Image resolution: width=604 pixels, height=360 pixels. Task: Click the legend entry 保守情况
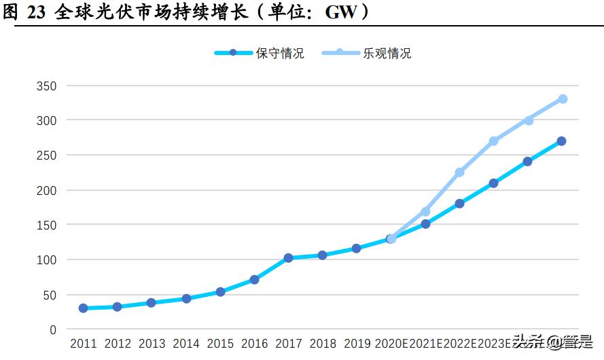coord(279,53)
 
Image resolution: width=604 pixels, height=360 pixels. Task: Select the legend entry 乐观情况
coord(387,53)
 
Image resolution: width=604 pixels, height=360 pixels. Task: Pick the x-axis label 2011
coord(83,344)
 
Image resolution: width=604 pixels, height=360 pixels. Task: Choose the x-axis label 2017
coord(289,344)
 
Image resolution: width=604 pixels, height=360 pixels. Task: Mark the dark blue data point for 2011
coord(83,308)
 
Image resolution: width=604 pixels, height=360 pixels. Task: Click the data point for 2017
coord(289,258)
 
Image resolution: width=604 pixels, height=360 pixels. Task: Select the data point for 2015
coord(220,292)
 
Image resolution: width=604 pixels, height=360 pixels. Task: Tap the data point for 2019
coord(357,249)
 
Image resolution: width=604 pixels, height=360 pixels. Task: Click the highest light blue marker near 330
coord(563,99)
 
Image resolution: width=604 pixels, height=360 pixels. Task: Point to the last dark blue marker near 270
coord(562,141)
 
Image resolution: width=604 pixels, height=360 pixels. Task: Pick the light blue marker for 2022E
coord(459,173)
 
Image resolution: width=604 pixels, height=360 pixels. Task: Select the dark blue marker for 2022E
coord(459,204)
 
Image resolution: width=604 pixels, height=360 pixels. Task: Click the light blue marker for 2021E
coord(425,212)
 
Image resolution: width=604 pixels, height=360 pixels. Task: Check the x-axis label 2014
coord(186,344)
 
